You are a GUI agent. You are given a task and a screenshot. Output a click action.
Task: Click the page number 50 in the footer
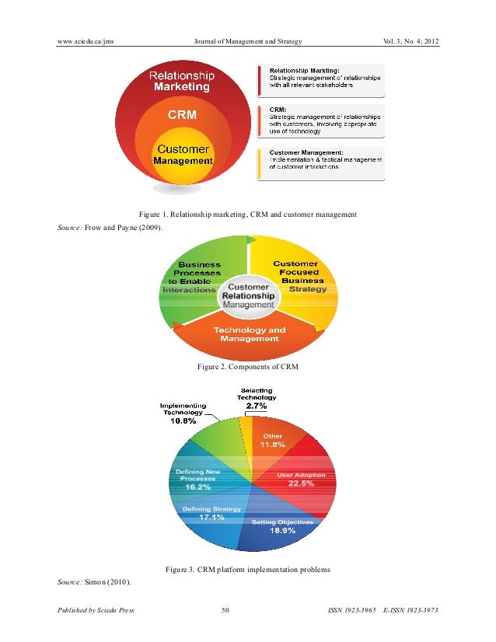click(x=225, y=610)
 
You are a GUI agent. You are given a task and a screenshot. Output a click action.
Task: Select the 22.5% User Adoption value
click(x=301, y=484)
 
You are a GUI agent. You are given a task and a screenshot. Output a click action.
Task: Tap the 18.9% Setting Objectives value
click(x=281, y=531)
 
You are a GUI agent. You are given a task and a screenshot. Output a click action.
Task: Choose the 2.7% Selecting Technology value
click(x=257, y=406)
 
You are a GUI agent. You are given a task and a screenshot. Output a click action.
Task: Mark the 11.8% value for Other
click(x=272, y=445)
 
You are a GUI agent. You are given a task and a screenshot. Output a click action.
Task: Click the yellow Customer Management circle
click(x=183, y=155)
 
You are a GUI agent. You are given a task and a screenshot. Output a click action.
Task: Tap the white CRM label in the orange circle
click(x=183, y=114)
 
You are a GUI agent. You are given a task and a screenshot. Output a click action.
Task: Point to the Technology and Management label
click(x=250, y=334)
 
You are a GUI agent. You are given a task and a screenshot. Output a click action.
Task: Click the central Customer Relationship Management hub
click(x=248, y=296)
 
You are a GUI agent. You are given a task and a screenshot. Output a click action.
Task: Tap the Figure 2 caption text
click(x=247, y=365)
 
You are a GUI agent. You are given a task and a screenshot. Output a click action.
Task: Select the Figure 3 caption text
click(x=247, y=570)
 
